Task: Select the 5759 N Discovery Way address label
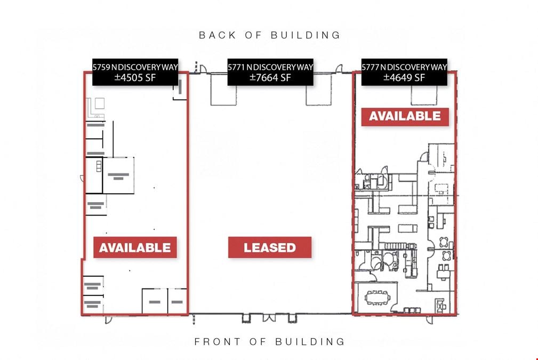[135, 67]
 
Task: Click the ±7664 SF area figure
[270, 77]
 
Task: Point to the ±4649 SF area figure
[404, 77]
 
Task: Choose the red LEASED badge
[270, 247]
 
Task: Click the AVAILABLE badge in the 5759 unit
[135, 247]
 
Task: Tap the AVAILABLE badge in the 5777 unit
[405, 116]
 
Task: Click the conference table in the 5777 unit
[378, 298]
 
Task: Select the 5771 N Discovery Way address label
[270, 67]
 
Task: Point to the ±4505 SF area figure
[135, 77]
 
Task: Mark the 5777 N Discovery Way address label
[404, 67]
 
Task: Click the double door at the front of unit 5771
[269, 318]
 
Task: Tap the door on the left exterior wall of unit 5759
[82, 179]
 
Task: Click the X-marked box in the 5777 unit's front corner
[441, 305]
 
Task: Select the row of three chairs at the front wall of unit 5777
[412, 310]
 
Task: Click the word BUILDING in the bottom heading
[310, 342]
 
